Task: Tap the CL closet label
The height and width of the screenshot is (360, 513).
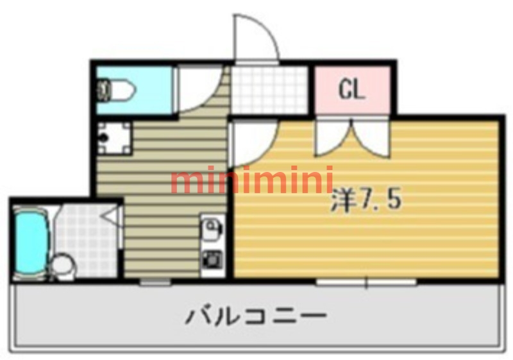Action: (x=351, y=90)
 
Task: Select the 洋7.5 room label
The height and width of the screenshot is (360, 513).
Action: (x=366, y=200)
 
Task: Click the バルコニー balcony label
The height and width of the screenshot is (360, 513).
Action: (x=256, y=316)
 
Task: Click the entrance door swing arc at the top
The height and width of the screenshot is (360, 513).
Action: (x=255, y=39)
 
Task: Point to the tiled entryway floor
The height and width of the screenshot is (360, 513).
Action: (x=269, y=90)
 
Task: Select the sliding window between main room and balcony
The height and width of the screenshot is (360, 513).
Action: (x=366, y=281)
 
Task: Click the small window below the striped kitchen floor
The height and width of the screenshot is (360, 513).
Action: (x=156, y=281)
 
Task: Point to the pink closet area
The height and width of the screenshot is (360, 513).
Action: (x=351, y=90)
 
